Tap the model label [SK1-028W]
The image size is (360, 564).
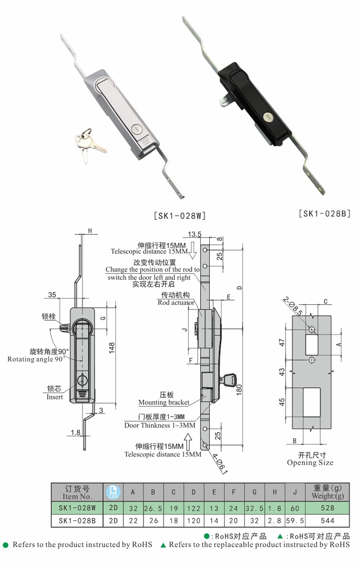180,216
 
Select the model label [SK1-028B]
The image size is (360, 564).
325,213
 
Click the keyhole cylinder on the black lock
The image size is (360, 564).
267,117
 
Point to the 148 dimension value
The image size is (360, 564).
112,348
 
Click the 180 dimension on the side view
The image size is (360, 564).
239,390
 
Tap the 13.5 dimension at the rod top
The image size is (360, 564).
194,234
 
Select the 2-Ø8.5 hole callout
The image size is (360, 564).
292,305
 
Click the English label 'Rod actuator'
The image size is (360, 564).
176,302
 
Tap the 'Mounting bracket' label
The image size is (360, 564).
164,402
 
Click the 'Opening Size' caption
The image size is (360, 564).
310,463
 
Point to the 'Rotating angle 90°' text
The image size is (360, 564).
36,359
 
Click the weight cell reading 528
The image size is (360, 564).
327,508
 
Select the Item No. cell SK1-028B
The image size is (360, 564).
77,520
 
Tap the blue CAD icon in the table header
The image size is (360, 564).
113,492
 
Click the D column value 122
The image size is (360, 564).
193,508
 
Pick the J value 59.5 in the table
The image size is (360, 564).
295,520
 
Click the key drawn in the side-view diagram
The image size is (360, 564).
229,380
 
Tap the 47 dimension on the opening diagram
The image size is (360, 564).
282,342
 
